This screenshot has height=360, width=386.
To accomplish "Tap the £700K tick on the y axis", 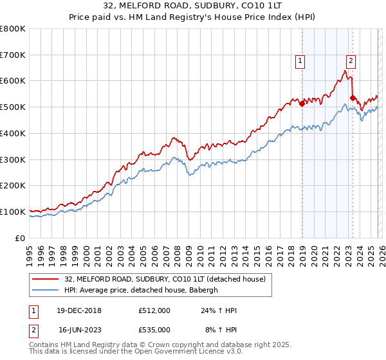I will click(13, 55).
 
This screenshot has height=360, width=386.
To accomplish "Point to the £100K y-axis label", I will click(13, 212).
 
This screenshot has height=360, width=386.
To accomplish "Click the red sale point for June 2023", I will click(353, 98).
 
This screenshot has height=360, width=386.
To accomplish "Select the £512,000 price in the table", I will click(154, 310).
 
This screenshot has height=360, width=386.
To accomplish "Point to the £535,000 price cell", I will click(154, 329).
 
